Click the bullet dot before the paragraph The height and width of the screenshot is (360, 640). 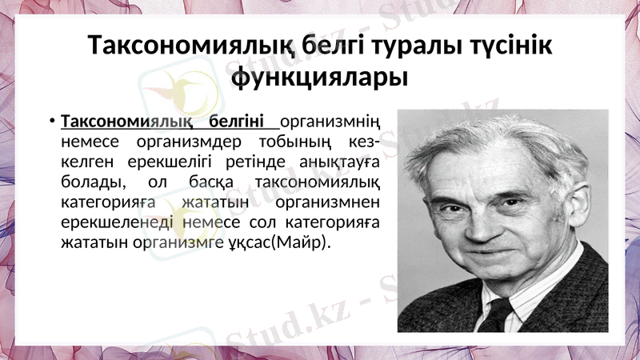pos(50,122)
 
